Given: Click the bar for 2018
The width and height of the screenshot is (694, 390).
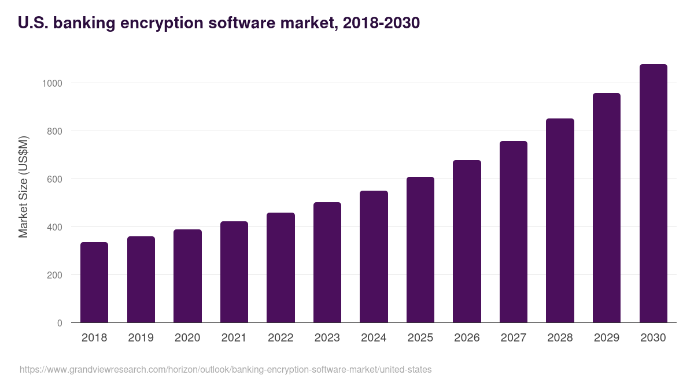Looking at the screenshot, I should coord(94,282).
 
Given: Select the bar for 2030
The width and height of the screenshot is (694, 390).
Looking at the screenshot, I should coord(653,194).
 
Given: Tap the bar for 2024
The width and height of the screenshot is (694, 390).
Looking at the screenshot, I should coord(374,257).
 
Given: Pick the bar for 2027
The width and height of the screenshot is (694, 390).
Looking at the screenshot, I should coord(514,232).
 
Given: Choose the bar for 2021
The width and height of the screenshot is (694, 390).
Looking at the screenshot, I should coord(234,272).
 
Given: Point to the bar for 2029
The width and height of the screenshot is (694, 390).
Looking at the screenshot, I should coord(607,208).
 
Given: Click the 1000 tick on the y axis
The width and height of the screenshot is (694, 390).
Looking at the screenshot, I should coord(52,83).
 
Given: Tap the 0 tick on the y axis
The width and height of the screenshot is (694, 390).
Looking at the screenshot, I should coord(60,323).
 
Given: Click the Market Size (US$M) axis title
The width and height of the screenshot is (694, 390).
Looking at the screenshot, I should coord(23,187).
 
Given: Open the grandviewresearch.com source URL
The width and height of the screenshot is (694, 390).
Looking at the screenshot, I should coord(226,369).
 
